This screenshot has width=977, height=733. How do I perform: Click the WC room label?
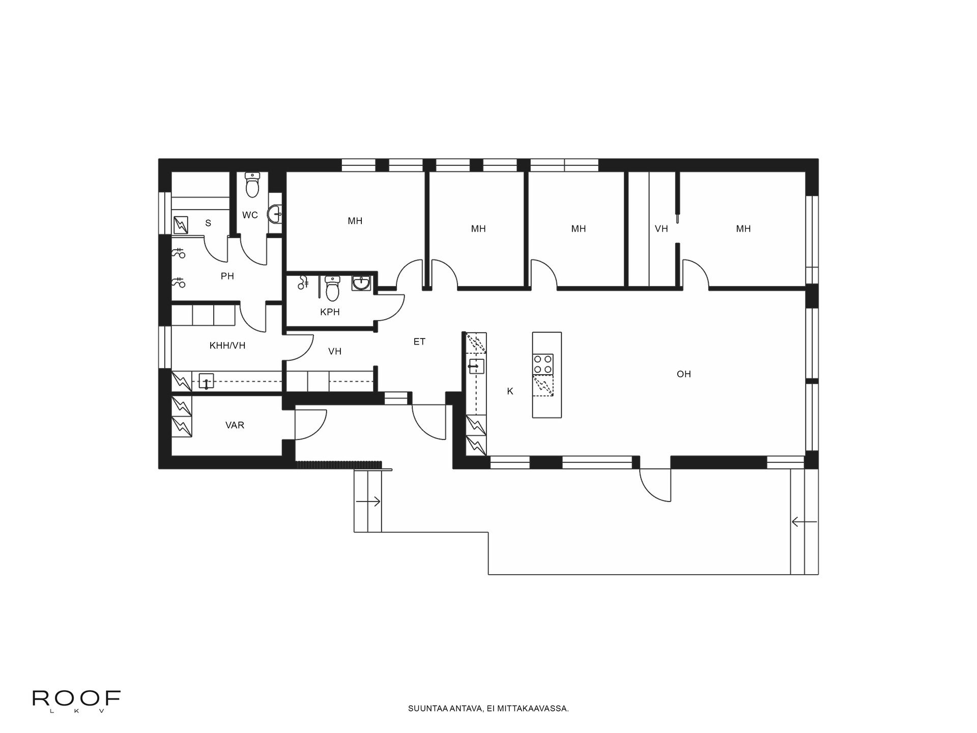pos(250,215)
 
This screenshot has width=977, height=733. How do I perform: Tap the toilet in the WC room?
pos(252,184)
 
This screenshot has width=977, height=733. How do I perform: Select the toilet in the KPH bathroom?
pos(332,288)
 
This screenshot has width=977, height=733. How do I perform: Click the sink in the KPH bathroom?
pos(362,283)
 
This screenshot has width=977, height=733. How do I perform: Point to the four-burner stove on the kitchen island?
pos(543,364)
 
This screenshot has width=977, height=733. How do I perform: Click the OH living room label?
pos(683,374)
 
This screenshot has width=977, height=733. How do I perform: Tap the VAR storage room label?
pos(235,425)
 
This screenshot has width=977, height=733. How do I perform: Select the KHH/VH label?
pos(227,346)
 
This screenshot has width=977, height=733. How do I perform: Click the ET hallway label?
pos(419,342)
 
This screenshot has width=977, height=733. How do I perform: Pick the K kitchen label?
pos(510,391)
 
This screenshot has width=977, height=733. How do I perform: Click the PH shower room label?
pos(227,276)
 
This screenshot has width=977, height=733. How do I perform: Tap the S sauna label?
pos(208,223)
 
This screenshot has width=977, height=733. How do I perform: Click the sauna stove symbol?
pos(181,224)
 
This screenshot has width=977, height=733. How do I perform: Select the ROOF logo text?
pos(77,698)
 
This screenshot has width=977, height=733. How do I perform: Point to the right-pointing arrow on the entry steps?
pos(368,502)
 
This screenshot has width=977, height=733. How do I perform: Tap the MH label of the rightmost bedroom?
pos(743,229)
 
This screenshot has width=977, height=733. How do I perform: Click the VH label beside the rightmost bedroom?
pos(661,229)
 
